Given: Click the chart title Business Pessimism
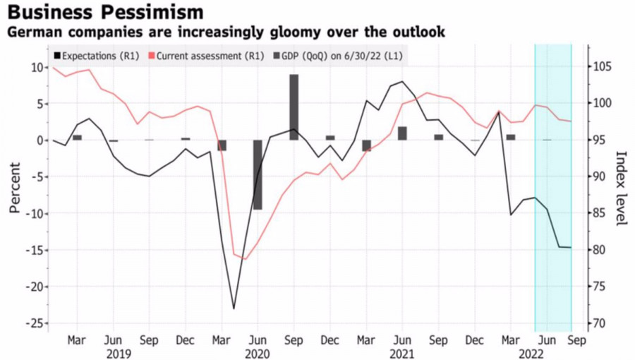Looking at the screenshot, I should pyautogui.click(x=105, y=12).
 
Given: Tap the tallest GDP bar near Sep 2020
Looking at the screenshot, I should pyautogui.click(x=294, y=107).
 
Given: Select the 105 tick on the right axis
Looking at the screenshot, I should pyautogui.click(x=602, y=67).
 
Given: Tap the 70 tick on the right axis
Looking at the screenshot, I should pyautogui.click(x=599, y=323).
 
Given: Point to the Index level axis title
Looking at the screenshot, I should pyautogui.click(x=622, y=188).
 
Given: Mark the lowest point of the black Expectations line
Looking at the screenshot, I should pyautogui.click(x=234, y=308).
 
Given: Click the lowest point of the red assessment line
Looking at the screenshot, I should pyautogui.click(x=245, y=259).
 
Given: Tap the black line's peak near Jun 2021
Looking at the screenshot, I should pyautogui.click(x=402, y=82).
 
